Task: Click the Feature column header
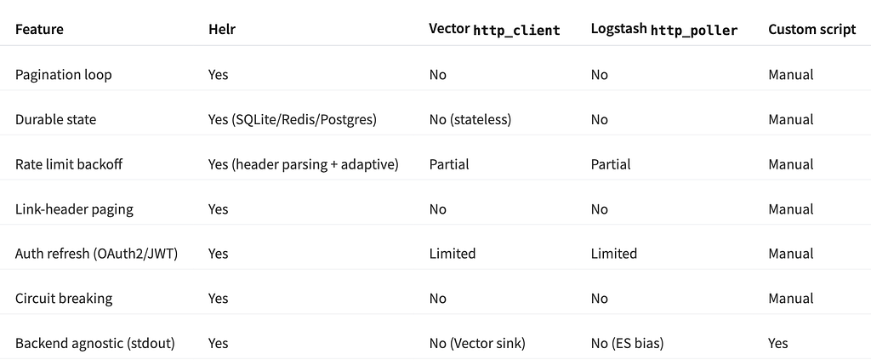[39, 30]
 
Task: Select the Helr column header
[222, 30]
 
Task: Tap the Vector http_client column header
[494, 30]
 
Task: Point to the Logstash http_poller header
[664, 30]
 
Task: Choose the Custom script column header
[812, 30]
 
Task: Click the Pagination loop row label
[63, 74]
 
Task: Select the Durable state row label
[55, 119]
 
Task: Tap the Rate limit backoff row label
[69, 164]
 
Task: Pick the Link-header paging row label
[75, 209]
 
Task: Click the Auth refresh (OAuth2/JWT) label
[97, 254]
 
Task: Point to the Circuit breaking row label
[64, 299]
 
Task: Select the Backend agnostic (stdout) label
[95, 343]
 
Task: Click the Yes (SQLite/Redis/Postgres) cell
[293, 119]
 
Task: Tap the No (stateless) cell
[470, 119]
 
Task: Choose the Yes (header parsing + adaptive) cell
[304, 164]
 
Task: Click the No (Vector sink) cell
[477, 343]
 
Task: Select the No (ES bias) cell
[627, 343]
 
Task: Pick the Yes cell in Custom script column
[778, 343]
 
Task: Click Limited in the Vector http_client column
[453, 254]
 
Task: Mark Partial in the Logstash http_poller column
[611, 164]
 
